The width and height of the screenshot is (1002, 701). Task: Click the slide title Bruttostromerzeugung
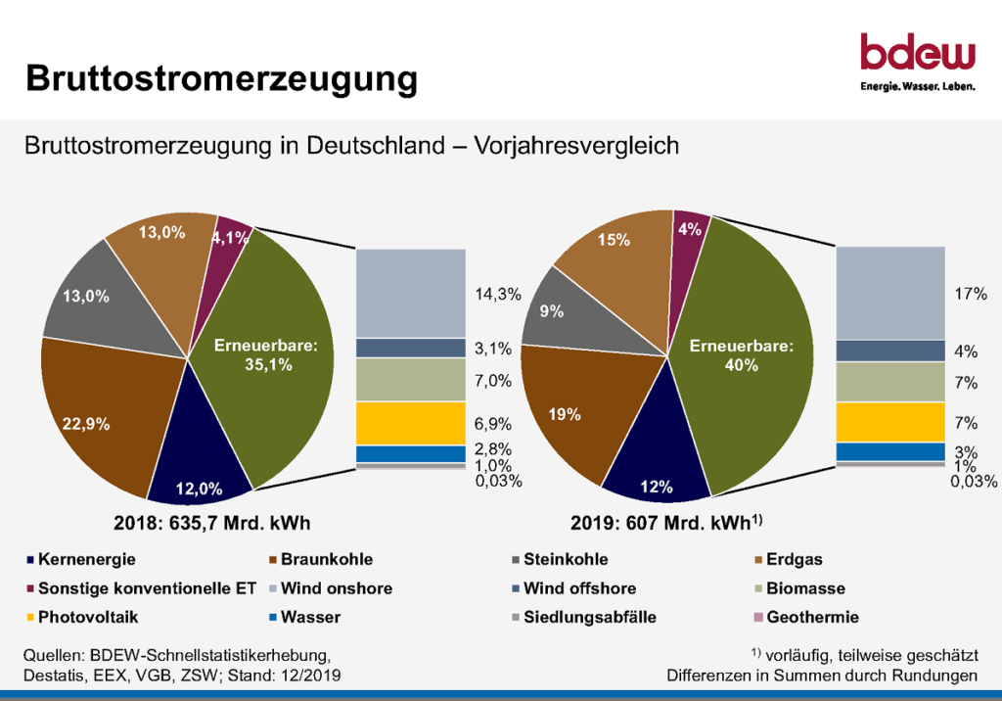(x=221, y=78)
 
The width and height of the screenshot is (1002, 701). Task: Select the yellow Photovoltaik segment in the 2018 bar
(x=410, y=423)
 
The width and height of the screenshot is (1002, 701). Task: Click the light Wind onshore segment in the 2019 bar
(x=889, y=293)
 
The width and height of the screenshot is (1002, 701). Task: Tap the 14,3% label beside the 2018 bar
(x=499, y=294)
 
